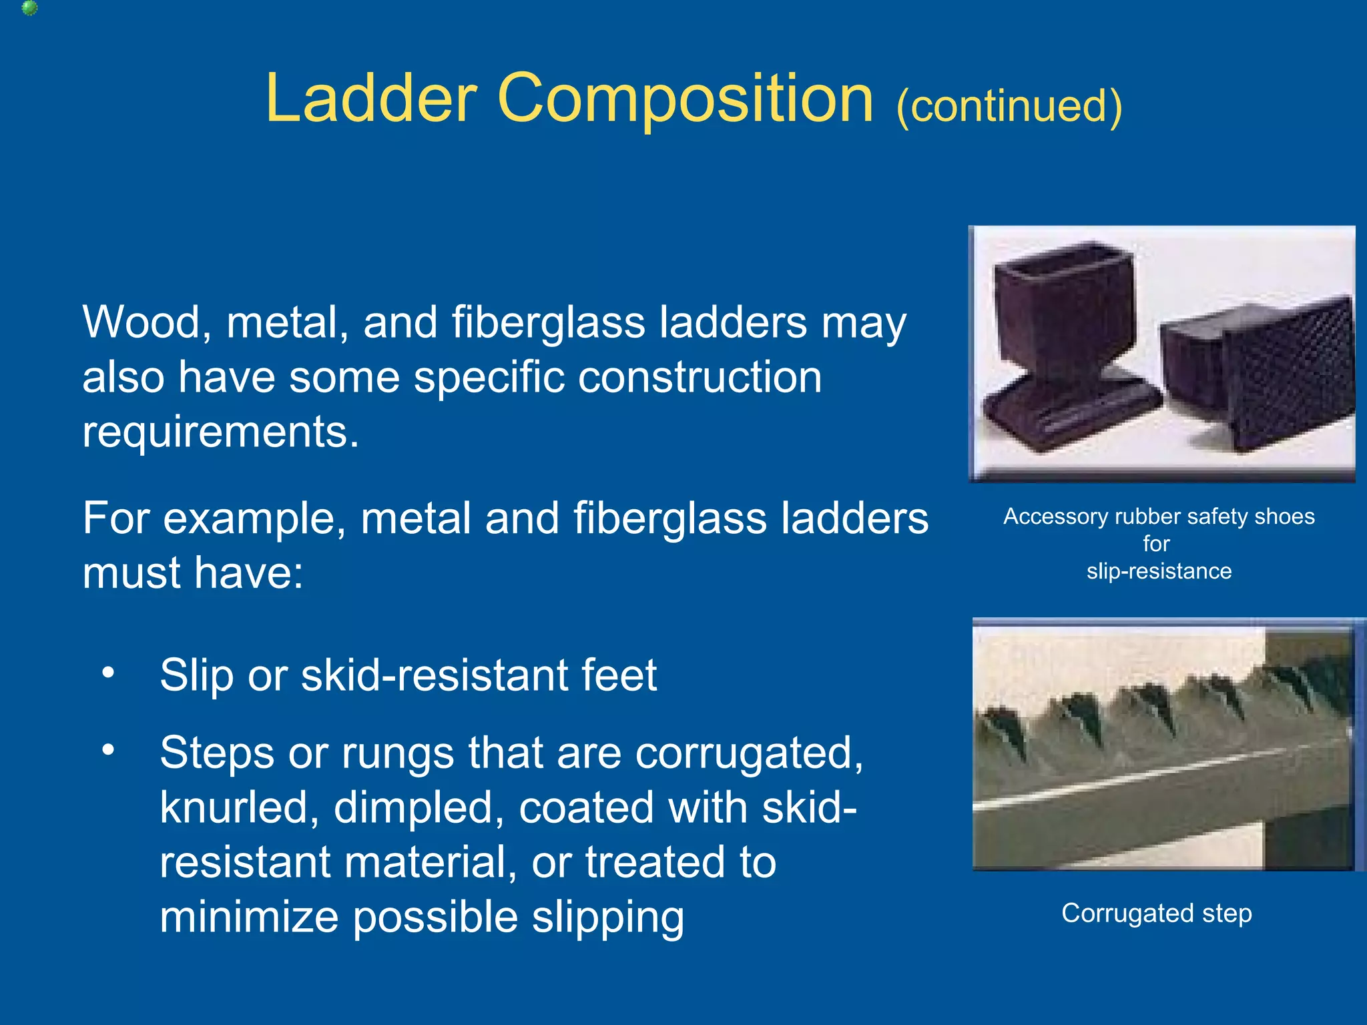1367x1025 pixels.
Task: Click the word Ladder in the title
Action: [x=371, y=99]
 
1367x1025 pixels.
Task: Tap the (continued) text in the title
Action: [x=1009, y=105]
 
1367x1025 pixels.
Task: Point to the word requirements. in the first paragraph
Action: [x=221, y=432]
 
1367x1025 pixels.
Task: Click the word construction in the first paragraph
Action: [x=700, y=377]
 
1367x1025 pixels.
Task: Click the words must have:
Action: [x=192, y=573]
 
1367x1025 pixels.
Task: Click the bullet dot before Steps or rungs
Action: [x=108, y=750]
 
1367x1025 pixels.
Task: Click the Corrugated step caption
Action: [x=1156, y=913]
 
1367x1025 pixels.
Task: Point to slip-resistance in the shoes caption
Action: [x=1159, y=571]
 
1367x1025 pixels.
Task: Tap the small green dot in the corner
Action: [x=29, y=8]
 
